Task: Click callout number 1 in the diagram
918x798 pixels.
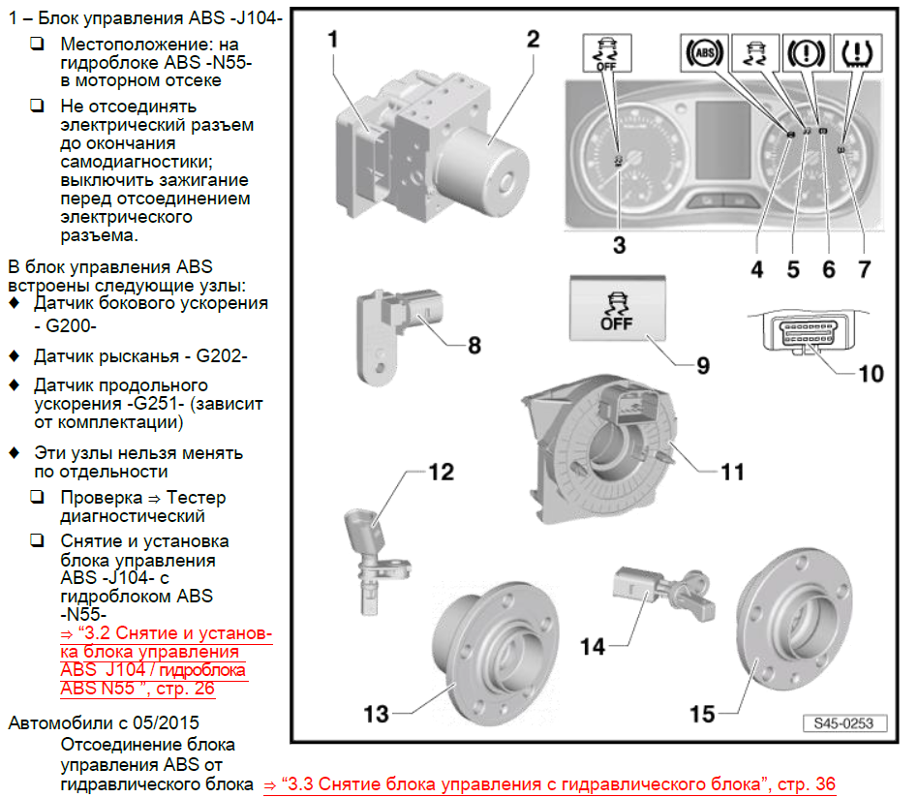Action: click(331, 40)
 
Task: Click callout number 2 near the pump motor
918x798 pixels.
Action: click(532, 40)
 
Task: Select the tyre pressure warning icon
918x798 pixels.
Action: click(857, 52)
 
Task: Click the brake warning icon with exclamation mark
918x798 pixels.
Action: click(805, 52)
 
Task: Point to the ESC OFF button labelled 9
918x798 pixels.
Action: click(616, 308)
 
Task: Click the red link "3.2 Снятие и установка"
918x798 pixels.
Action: click(165, 633)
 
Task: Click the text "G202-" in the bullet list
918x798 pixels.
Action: click(222, 355)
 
